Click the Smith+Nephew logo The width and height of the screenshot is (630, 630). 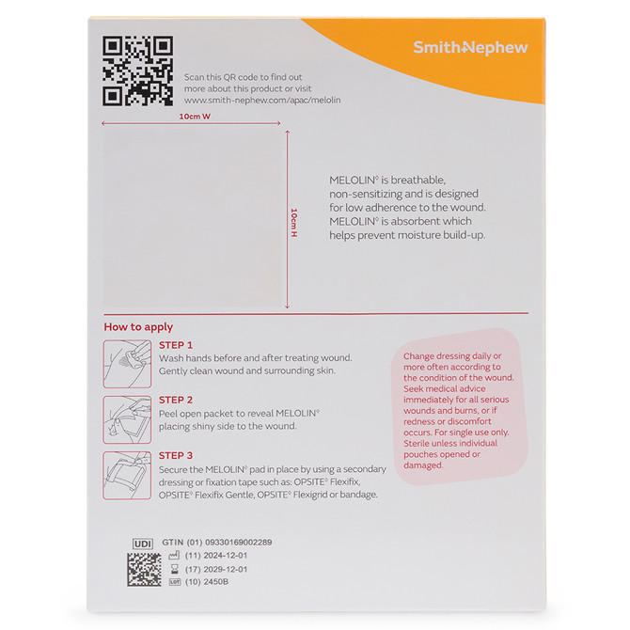pos(470,47)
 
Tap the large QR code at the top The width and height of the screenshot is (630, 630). pos(137,71)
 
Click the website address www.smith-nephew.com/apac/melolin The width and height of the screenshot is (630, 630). pos(262,100)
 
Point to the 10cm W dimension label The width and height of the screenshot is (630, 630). pos(195,117)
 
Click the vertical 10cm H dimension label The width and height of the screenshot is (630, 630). pos(294,221)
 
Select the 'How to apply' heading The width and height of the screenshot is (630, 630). pos(138,327)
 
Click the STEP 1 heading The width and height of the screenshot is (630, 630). pos(176,345)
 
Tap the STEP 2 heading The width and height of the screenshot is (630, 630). pos(176,400)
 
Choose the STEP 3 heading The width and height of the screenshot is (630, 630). pos(176,456)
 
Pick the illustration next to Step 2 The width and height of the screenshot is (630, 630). pos(127,419)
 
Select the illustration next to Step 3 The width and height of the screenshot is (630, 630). pos(127,475)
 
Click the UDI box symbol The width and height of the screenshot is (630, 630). pos(142,543)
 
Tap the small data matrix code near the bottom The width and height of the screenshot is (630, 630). pos(144,570)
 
